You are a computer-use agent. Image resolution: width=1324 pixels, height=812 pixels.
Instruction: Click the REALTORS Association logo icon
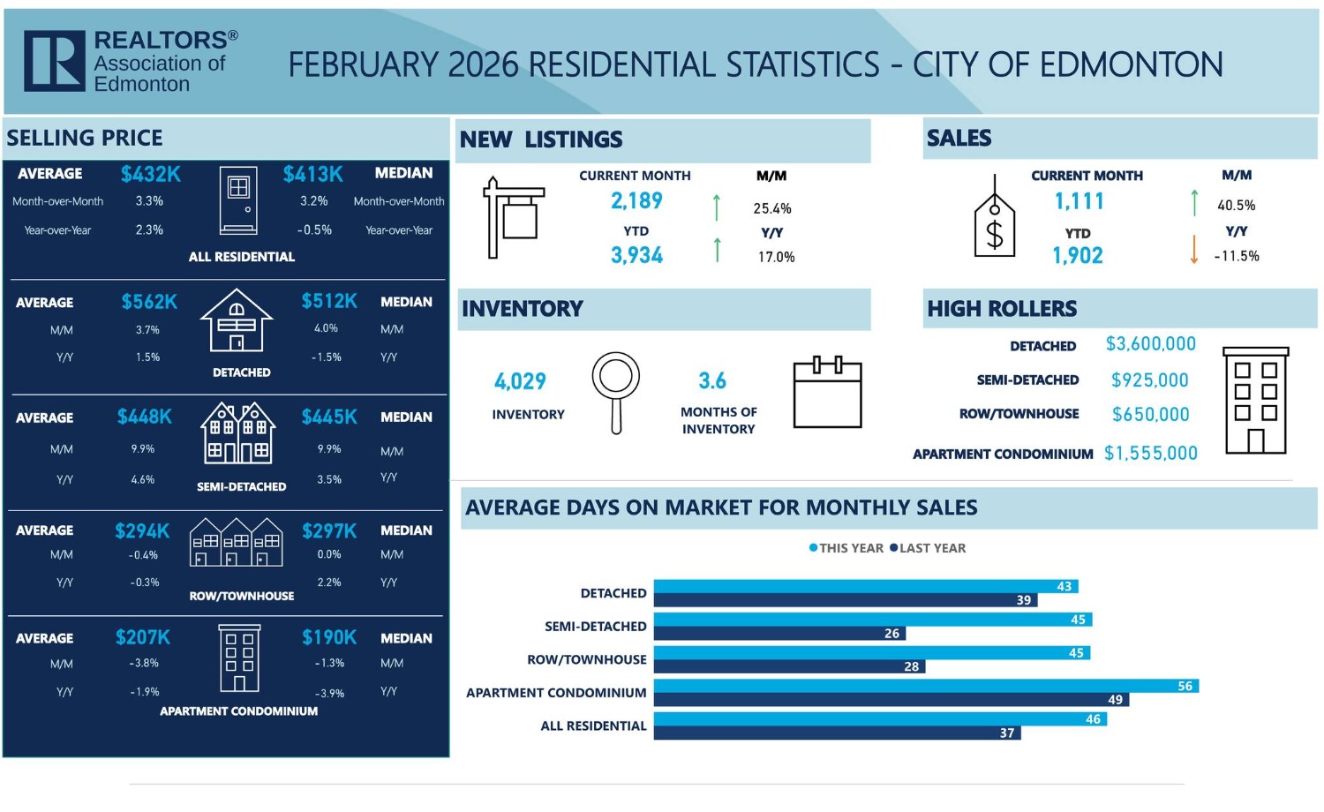tap(55, 61)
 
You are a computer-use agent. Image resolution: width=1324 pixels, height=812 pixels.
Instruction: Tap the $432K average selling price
tap(150, 174)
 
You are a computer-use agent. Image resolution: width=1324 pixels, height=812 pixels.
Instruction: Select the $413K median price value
tap(312, 174)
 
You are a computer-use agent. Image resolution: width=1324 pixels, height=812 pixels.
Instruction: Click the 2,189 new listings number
tap(636, 201)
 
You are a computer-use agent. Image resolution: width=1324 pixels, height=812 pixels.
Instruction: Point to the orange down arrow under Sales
tap(1193, 250)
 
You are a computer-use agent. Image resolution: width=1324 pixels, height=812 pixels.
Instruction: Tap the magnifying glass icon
tap(616, 392)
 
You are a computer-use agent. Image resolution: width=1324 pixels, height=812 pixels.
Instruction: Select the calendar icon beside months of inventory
tap(827, 393)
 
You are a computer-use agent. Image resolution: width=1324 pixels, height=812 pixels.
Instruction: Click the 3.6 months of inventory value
tap(712, 381)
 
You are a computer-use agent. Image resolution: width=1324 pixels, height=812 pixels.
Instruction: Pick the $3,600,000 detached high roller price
tap(1150, 344)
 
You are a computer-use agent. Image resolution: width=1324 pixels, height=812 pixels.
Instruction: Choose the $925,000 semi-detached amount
tap(1149, 380)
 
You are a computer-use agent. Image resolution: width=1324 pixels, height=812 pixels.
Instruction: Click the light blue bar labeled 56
tap(926, 686)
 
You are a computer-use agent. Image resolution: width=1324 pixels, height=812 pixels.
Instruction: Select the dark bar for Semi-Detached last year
tap(779, 634)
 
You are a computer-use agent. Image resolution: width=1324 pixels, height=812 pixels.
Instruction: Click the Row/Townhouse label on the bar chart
tap(586, 659)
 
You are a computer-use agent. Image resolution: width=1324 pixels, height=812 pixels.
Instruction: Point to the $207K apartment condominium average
tap(143, 637)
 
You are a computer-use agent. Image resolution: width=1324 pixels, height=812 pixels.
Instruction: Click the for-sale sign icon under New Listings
tap(513, 216)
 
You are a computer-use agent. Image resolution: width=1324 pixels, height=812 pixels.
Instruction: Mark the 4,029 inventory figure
tap(520, 381)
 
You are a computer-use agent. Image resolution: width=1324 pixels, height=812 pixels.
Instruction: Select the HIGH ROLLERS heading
tap(1002, 309)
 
